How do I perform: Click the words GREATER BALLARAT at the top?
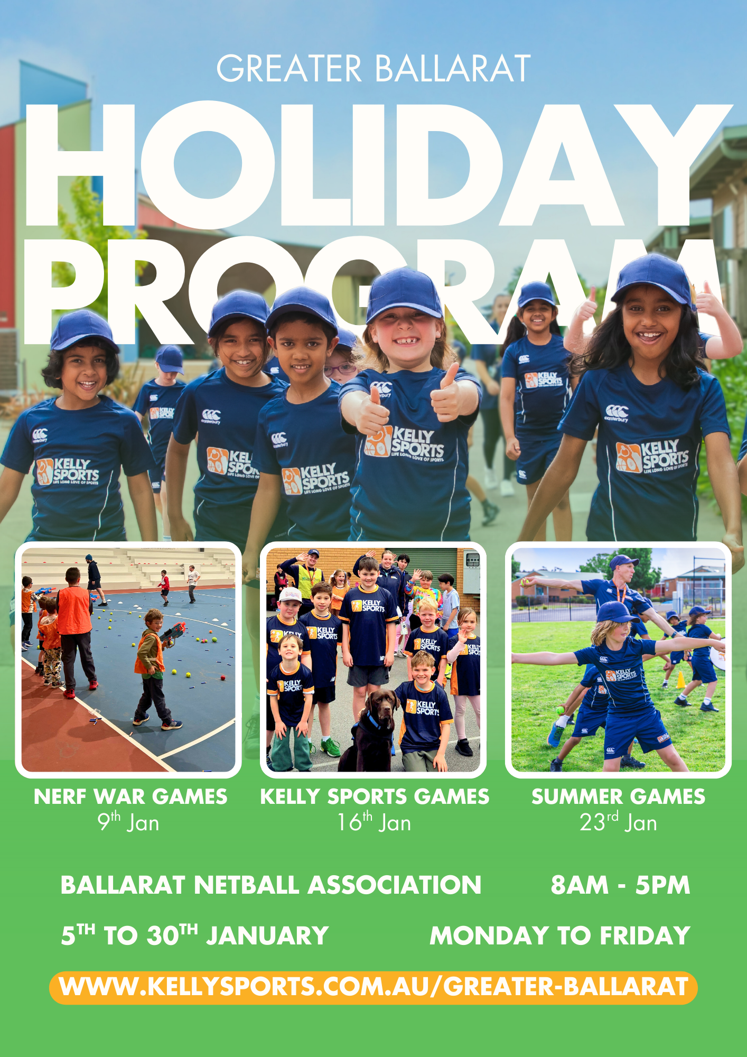(x=373, y=69)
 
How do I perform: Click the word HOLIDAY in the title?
(x=378, y=165)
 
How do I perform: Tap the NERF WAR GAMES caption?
(x=130, y=796)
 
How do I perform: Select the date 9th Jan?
(x=128, y=822)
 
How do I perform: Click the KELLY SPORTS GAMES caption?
(x=375, y=796)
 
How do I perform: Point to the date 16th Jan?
(x=374, y=822)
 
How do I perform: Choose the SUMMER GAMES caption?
(x=618, y=796)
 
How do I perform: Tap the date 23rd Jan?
(x=618, y=822)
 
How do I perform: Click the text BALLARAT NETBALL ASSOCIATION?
(x=271, y=885)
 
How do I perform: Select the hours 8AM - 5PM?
(x=620, y=885)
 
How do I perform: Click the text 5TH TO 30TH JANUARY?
(x=195, y=935)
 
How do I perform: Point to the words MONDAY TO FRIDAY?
(x=560, y=935)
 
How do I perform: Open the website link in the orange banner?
(x=373, y=987)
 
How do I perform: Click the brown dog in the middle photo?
(x=370, y=729)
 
